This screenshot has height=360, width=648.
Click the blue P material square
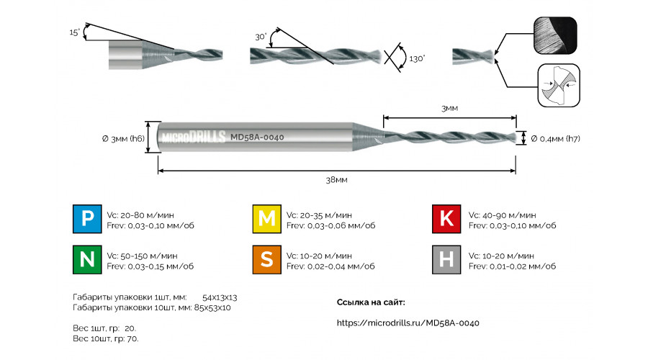[x=87, y=219]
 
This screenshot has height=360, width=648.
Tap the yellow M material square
[x=267, y=219]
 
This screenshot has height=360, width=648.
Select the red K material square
[x=446, y=219]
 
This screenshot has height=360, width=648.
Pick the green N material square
[x=87, y=260]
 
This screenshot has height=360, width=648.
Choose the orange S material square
[x=267, y=260]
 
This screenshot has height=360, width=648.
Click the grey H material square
[x=446, y=260]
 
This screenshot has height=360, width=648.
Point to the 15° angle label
[x=75, y=32]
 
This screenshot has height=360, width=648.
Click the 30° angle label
[x=261, y=37]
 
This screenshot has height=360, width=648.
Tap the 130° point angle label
[x=417, y=59]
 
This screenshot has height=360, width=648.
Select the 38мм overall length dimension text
[x=336, y=180]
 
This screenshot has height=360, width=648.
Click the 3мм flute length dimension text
[x=449, y=108]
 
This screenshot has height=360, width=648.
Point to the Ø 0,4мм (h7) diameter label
[x=555, y=139]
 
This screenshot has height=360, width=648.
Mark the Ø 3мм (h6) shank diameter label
[x=123, y=138]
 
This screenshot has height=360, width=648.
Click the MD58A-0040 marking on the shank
[x=257, y=138]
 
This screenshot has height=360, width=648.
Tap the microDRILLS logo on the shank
[x=194, y=137]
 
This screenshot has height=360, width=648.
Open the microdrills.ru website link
[x=408, y=323]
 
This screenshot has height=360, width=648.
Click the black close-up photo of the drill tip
[x=555, y=35]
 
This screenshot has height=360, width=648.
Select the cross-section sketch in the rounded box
[x=559, y=85]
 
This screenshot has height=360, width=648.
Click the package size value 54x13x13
[x=220, y=297]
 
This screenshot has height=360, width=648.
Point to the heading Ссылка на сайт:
[x=371, y=302]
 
